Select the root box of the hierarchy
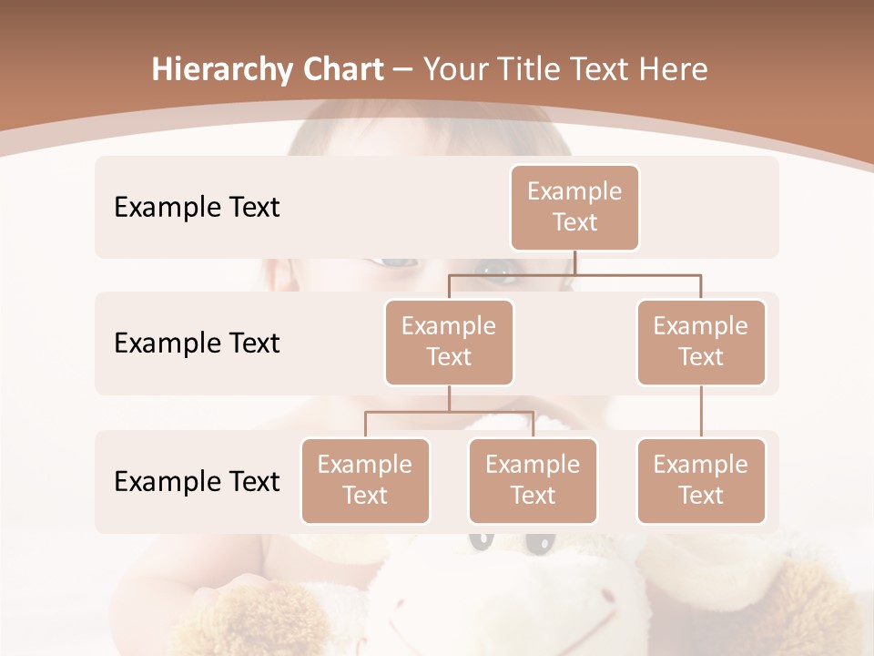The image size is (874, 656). click(x=574, y=207)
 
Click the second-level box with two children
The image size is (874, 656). click(x=449, y=342)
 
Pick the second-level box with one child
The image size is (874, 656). click(x=701, y=342)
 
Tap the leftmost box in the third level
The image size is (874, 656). click(x=365, y=480)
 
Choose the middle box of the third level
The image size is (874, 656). click(x=533, y=480)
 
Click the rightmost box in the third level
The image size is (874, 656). click(x=701, y=480)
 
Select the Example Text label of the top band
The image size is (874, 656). click(x=197, y=207)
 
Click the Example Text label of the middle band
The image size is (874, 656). click(x=197, y=343)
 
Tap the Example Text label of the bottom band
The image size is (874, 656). click(x=197, y=480)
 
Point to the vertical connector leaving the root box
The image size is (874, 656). click(x=574, y=262)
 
